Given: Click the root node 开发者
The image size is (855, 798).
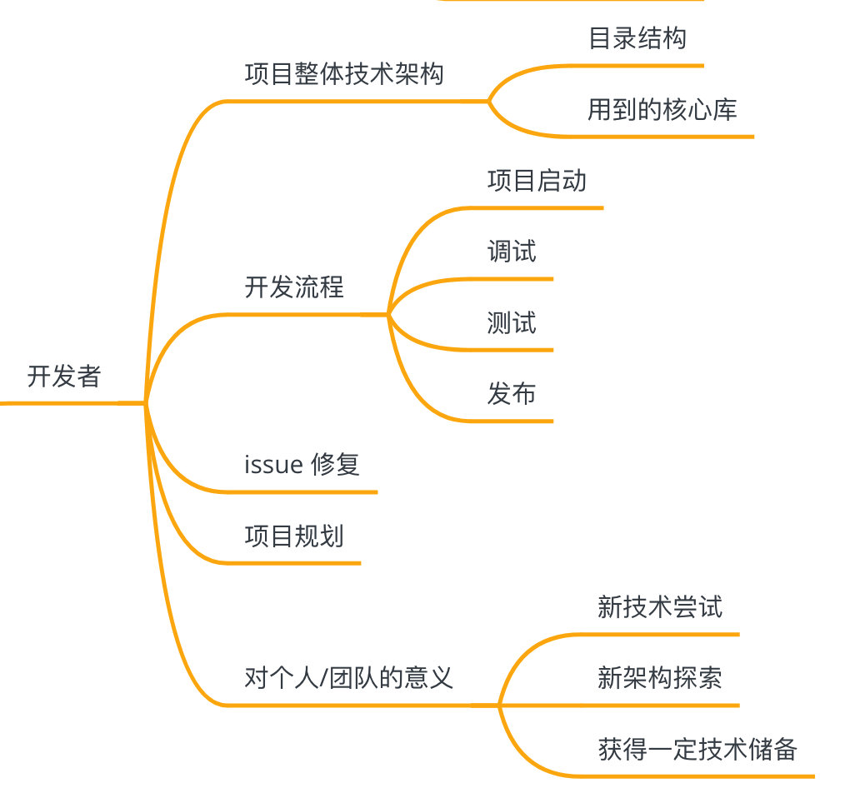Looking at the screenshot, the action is tap(63, 377).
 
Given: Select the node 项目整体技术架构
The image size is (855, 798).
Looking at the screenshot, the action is tap(344, 74).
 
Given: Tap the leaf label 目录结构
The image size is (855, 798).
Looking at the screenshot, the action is tap(637, 38).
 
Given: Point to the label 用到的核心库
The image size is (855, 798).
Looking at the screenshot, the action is tap(662, 109).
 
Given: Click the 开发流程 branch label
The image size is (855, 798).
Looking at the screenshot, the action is tap(294, 287).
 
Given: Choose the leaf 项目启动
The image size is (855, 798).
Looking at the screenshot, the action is tap(537, 181).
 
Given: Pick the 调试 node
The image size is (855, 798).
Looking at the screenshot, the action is tap(512, 252).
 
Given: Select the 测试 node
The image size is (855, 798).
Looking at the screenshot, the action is tap(512, 322).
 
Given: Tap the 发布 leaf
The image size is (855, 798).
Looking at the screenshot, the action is tap(512, 393).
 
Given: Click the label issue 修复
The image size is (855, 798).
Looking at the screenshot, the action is tap(302, 464).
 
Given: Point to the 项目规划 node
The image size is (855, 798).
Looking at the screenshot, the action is tap(294, 536).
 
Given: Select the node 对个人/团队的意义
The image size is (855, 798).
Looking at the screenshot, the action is tap(349, 677).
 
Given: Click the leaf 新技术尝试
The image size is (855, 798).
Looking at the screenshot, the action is tap(660, 606).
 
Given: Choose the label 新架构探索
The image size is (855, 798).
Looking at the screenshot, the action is tap(660, 677).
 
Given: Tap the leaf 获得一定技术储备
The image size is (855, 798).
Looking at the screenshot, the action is tap(697, 749).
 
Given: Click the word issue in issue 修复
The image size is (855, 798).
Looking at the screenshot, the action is tap(273, 465).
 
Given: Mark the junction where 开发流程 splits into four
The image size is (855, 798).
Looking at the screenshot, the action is tap(388, 315).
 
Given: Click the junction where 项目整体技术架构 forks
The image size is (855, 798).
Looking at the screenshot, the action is tap(488, 102).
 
